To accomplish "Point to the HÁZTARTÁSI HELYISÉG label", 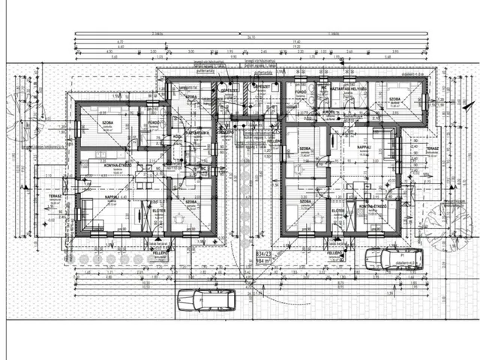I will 349,88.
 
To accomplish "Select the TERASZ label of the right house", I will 432,148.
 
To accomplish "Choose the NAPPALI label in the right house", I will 365,147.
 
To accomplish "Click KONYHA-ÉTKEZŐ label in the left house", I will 118,164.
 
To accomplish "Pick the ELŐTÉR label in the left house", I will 159,211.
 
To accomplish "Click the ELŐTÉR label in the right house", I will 338,211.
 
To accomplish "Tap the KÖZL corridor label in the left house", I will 178,137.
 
